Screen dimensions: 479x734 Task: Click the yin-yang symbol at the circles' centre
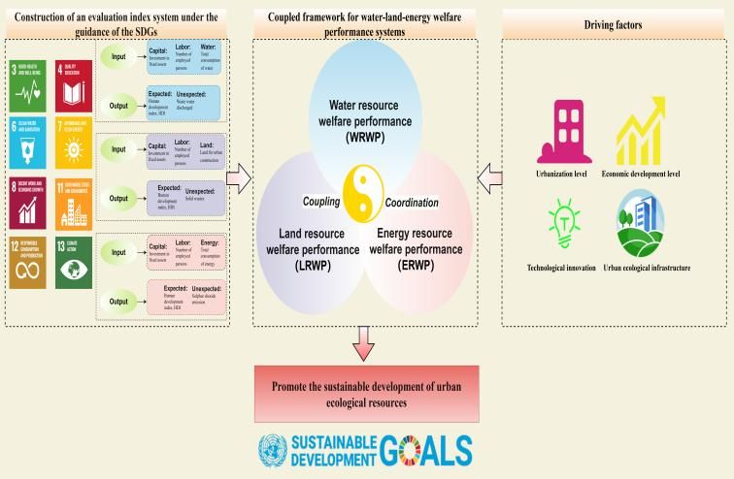(367, 190)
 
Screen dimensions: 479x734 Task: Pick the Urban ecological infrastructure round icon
(641, 222)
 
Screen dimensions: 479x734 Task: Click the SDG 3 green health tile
(28, 83)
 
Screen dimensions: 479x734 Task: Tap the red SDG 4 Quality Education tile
(74, 83)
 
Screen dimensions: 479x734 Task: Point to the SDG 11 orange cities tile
(74, 202)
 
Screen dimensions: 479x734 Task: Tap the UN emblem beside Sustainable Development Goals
(275, 451)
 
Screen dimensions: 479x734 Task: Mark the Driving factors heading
(615, 21)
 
